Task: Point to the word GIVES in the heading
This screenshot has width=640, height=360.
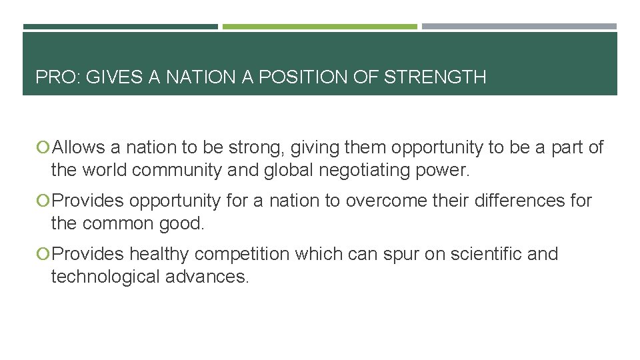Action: tap(116, 77)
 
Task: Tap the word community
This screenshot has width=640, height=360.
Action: tap(177, 170)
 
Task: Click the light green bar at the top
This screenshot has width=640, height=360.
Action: tap(319, 27)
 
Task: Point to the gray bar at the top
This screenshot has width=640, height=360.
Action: tap(519, 27)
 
